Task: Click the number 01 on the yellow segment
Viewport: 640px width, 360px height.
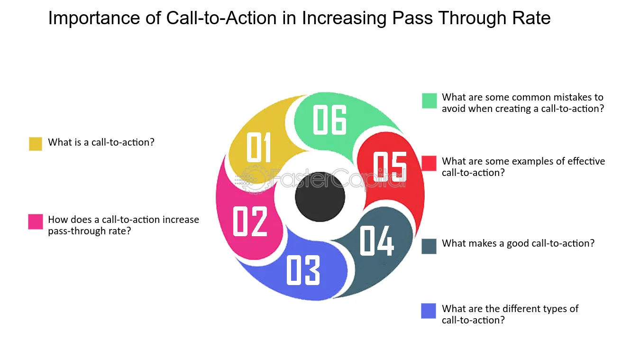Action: [258, 147]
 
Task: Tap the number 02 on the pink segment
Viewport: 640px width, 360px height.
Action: [250, 221]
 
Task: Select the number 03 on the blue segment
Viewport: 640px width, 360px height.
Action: [303, 270]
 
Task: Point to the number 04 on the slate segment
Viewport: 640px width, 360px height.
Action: [377, 240]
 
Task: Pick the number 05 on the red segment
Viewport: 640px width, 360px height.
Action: [390, 166]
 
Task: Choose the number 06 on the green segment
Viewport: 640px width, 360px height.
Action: [329, 120]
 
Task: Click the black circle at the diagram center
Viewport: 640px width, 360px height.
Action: [320, 197]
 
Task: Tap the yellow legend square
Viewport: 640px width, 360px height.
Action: [36, 144]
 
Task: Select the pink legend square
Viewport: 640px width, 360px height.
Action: [36, 222]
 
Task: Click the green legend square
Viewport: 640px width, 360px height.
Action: [430, 101]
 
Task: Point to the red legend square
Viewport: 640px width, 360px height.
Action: [429, 163]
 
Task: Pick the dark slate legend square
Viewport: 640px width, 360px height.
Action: [429, 246]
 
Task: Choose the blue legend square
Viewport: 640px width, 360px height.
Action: [429, 311]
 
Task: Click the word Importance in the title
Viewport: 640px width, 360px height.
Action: [94, 18]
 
